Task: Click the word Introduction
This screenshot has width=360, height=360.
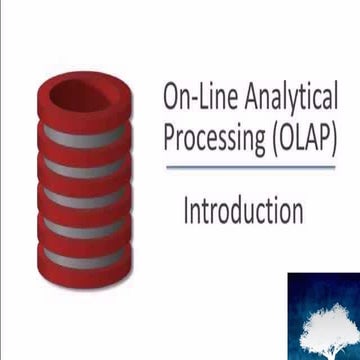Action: [x=243, y=212]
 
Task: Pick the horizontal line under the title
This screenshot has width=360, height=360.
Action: [x=250, y=167]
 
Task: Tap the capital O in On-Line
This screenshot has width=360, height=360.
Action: [x=171, y=98]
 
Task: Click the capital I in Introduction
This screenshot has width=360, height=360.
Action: [x=187, y=212]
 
